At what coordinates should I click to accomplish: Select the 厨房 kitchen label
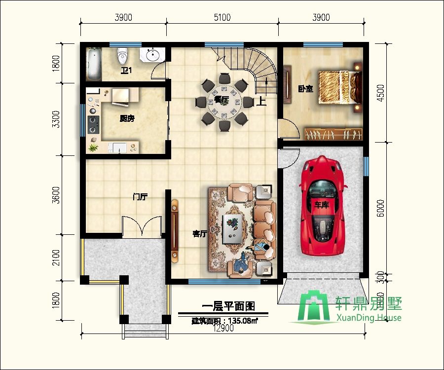pyautogui.click(x=127, y=118)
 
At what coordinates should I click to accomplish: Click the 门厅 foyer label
pyautogui.click(x=140, y=197)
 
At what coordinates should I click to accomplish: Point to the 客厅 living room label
pyautogui.click(x=199, y=233)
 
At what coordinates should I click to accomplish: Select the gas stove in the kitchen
pyautogui.click(x=92, y=125)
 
